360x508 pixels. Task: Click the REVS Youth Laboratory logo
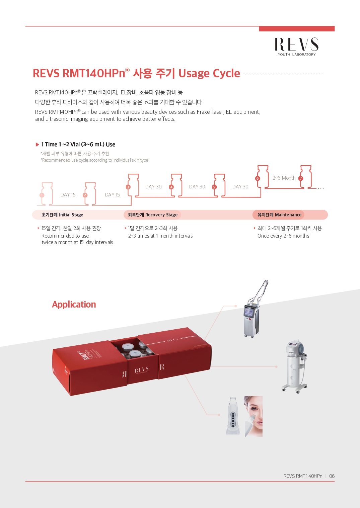[x=297, y=47]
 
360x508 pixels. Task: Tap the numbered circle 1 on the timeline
[x=42, y=195]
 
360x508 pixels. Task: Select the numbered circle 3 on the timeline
[x=128, y=187]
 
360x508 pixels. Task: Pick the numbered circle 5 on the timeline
[x=214, y=187]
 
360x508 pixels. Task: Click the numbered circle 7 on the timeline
[x=301, y=178]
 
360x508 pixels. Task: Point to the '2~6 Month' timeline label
[x=284, y=178]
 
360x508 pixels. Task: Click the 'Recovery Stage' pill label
[x=152, y=215]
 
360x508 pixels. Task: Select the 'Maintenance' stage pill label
[x=279, y=215]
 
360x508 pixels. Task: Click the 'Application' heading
[x=74, y=304]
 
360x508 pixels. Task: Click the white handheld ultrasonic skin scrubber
[x=233, y=416]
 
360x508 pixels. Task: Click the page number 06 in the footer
[x=332, y=476]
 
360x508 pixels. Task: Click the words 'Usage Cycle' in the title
[x=209, y=73]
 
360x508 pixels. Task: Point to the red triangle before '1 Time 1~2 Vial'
[x=38, y=145]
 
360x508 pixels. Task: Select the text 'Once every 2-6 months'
[x=283, y=236]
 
